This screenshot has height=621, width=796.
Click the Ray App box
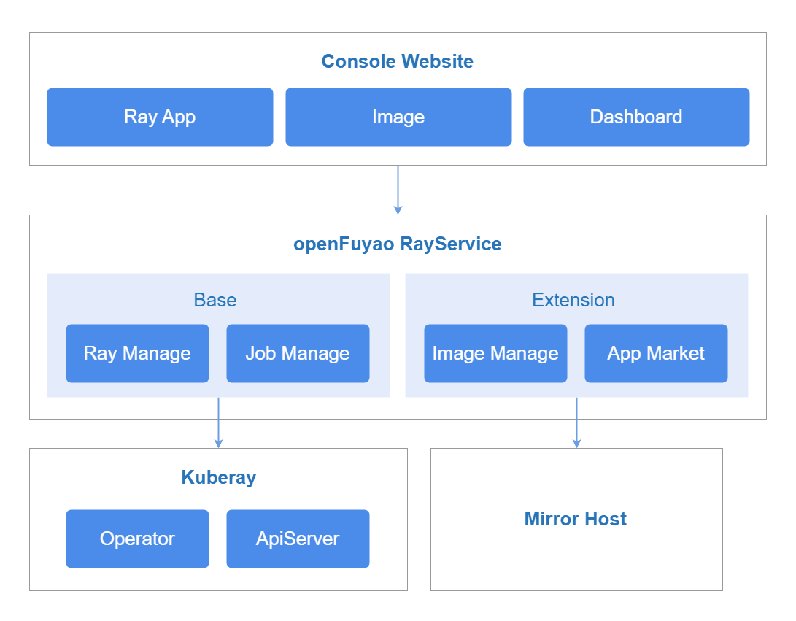coord(160,117)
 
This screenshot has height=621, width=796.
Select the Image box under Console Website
coord(398,117)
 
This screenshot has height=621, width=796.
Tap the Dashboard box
coord(637,117)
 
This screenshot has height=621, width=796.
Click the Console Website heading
coord(398,61)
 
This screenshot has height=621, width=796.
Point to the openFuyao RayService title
coord(398,244)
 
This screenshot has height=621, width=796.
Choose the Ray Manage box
coord(138,353)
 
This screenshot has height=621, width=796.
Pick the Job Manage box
coord(298,353)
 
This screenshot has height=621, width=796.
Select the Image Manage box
coord(495,353)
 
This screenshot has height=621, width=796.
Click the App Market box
coord(656,353)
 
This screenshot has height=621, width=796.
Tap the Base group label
coord(215,300)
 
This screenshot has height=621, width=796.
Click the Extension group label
coord(573,300)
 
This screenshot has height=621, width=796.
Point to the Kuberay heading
coord(219,478)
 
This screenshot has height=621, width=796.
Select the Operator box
coord(138,539)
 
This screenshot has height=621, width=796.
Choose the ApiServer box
coord(298,539)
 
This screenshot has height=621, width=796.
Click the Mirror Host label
coord(576,519)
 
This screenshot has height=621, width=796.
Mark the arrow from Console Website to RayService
coord(398,190)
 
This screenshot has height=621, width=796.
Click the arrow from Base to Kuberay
coord(218,423)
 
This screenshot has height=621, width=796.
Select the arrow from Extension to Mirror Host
coord(576,423)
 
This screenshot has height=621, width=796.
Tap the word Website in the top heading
coord(437,61)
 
